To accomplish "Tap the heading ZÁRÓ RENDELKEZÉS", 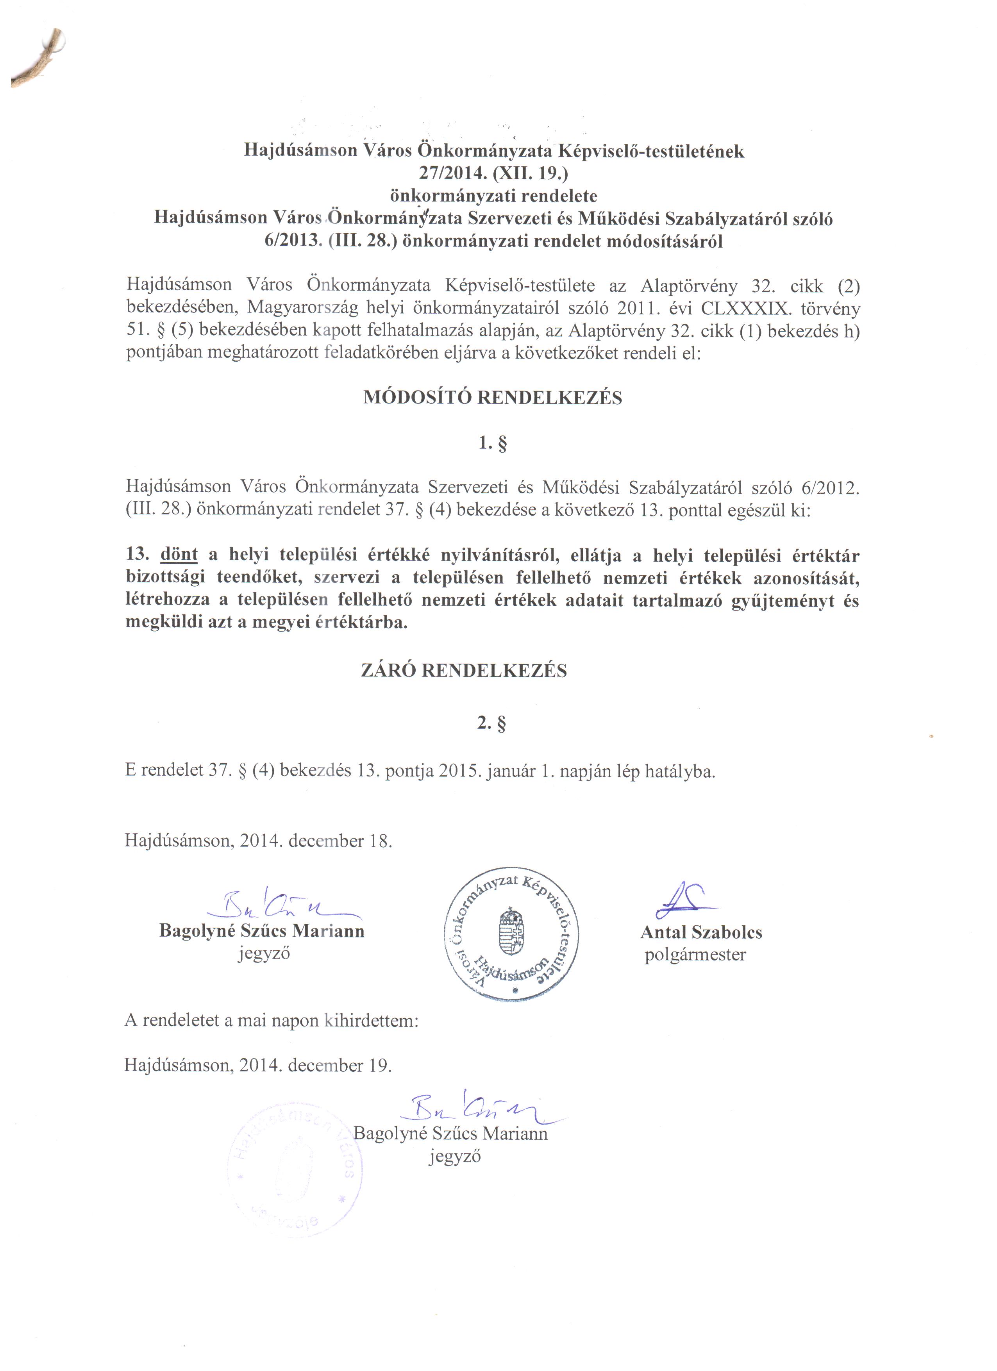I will tap(464, 671).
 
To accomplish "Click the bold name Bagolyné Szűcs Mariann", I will tap(262, 930).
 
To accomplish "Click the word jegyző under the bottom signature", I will tap(455, 1156).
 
